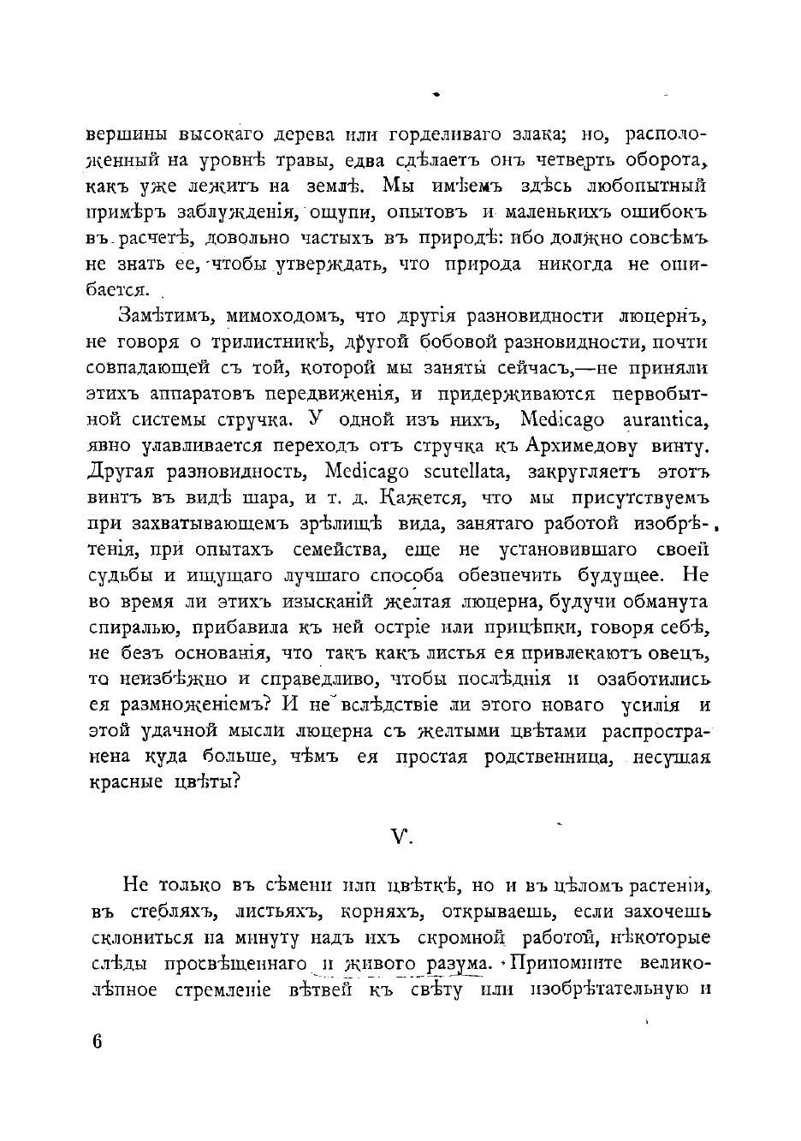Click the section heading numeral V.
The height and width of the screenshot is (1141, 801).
pyautogui.click(x=400, y=837)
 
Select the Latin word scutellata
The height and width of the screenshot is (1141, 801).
pyautogui.click(x=467, y=471)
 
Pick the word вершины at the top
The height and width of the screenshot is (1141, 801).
pyautogui.click(x=126, y=135)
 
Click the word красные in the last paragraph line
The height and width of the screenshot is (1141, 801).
pyautogui.click(x=123, y=783)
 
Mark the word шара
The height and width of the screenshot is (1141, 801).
pyautogui.click(x=241, y=497)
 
